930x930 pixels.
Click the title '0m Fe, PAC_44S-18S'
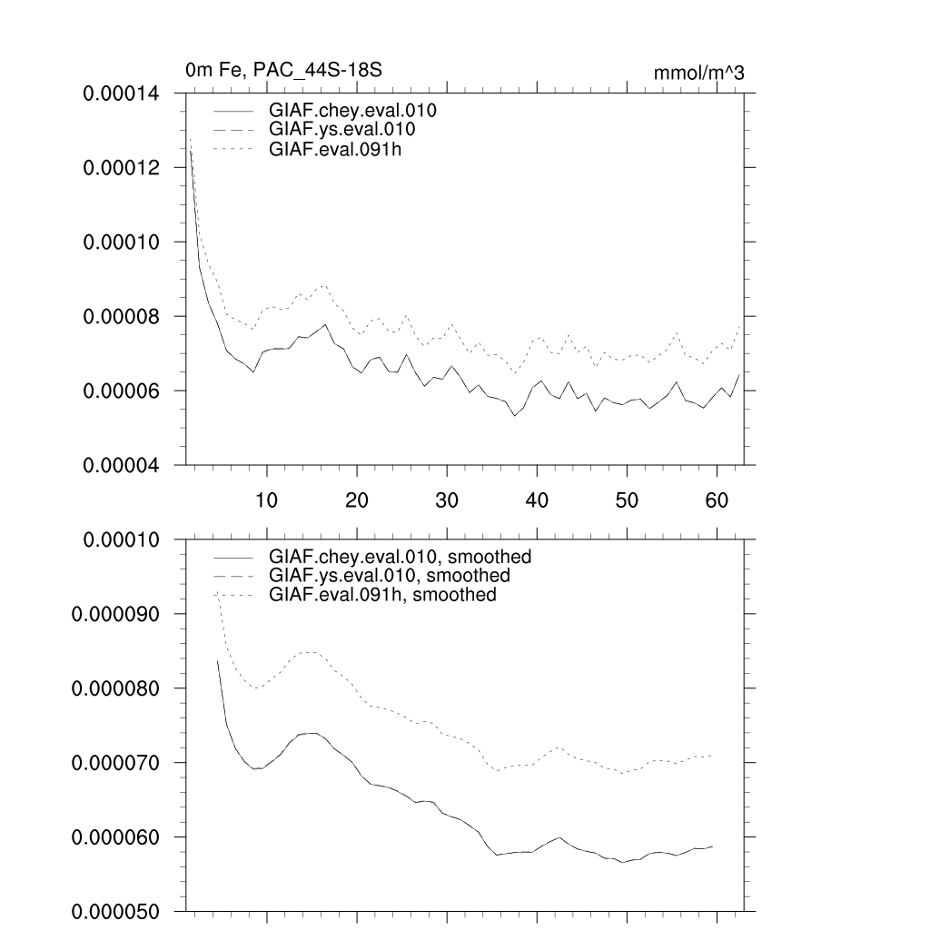click(290, 70)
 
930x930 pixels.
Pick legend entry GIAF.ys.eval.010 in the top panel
click(341, 130)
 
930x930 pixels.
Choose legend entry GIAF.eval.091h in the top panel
click(335, 149)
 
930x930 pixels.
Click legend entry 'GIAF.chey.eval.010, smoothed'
click(400, 557)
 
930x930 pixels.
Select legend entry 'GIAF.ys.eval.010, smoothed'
click(389, 576)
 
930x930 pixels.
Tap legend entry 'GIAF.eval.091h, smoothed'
click(382, 595)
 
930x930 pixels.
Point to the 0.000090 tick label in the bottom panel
click(115, 614)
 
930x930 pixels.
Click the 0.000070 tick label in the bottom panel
click(115, 763)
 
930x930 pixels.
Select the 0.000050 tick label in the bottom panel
click(115, 911)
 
